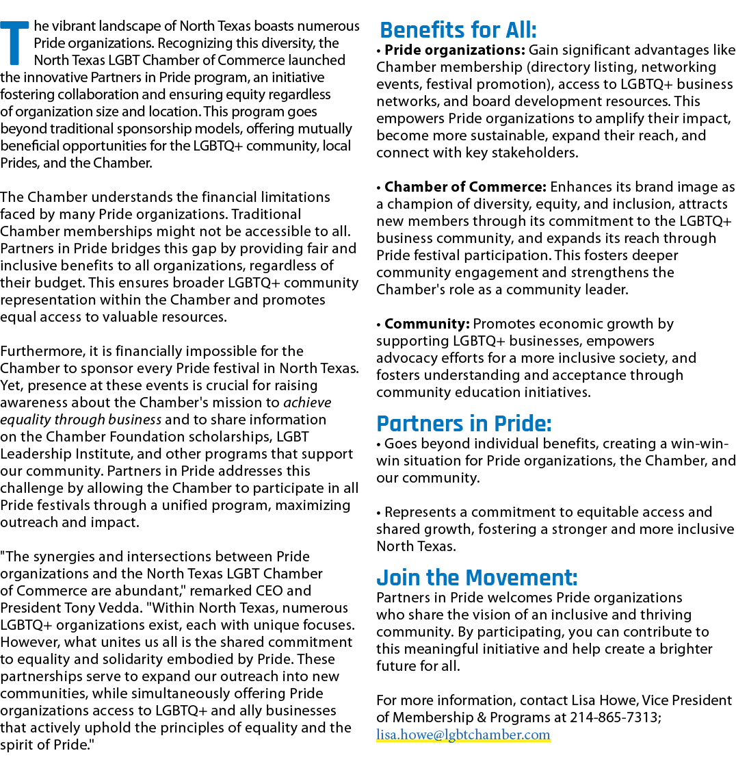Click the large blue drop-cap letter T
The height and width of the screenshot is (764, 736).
14,43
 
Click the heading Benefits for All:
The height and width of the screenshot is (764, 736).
458,30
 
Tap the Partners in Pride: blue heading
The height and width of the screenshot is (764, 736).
464,423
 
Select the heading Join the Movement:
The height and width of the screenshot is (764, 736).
477,577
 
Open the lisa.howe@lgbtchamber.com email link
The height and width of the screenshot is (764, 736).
463,735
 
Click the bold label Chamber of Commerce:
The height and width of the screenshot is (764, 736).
465,187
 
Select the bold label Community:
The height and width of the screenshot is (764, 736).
427,324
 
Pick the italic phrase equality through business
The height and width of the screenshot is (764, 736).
81,420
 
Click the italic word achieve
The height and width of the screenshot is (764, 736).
307,403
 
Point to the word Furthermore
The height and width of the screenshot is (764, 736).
43,351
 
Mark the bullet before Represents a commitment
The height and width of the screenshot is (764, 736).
379,513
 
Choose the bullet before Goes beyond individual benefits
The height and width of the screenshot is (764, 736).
379,444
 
